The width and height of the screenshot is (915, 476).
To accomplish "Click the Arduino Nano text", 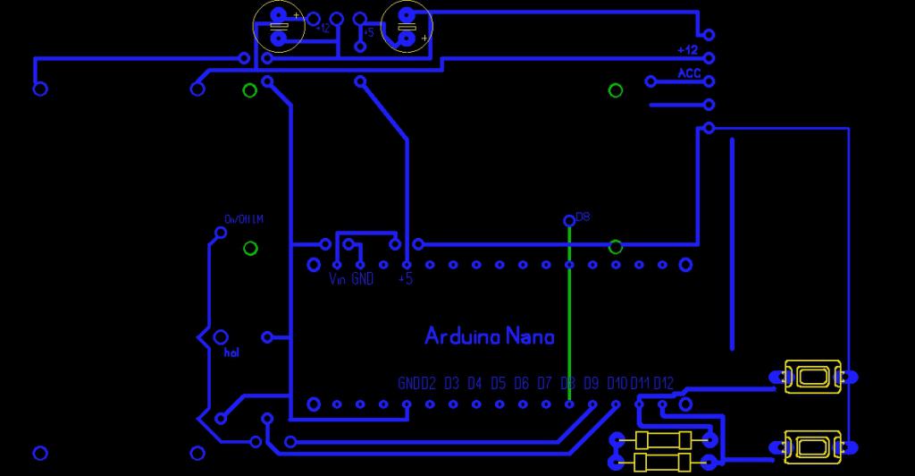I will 489,336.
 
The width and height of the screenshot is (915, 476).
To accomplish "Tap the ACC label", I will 689,73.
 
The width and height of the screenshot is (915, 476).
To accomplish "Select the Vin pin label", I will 337,279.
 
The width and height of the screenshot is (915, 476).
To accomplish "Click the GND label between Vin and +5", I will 362,279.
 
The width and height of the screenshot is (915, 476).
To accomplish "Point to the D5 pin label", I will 498,384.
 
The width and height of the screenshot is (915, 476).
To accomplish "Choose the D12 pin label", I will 663,384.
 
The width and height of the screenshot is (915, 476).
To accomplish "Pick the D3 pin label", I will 451,384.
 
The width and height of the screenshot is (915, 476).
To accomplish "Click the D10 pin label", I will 617,384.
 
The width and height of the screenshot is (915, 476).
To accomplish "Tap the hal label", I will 231,353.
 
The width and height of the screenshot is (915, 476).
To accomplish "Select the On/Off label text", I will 244,219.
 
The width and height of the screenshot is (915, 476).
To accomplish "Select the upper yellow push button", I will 812,377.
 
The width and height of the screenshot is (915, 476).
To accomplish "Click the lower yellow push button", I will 812,446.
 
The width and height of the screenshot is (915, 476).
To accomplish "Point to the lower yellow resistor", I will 662,462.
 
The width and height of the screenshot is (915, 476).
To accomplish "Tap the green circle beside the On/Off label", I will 251,248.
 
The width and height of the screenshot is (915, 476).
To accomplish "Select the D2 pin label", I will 428,384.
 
